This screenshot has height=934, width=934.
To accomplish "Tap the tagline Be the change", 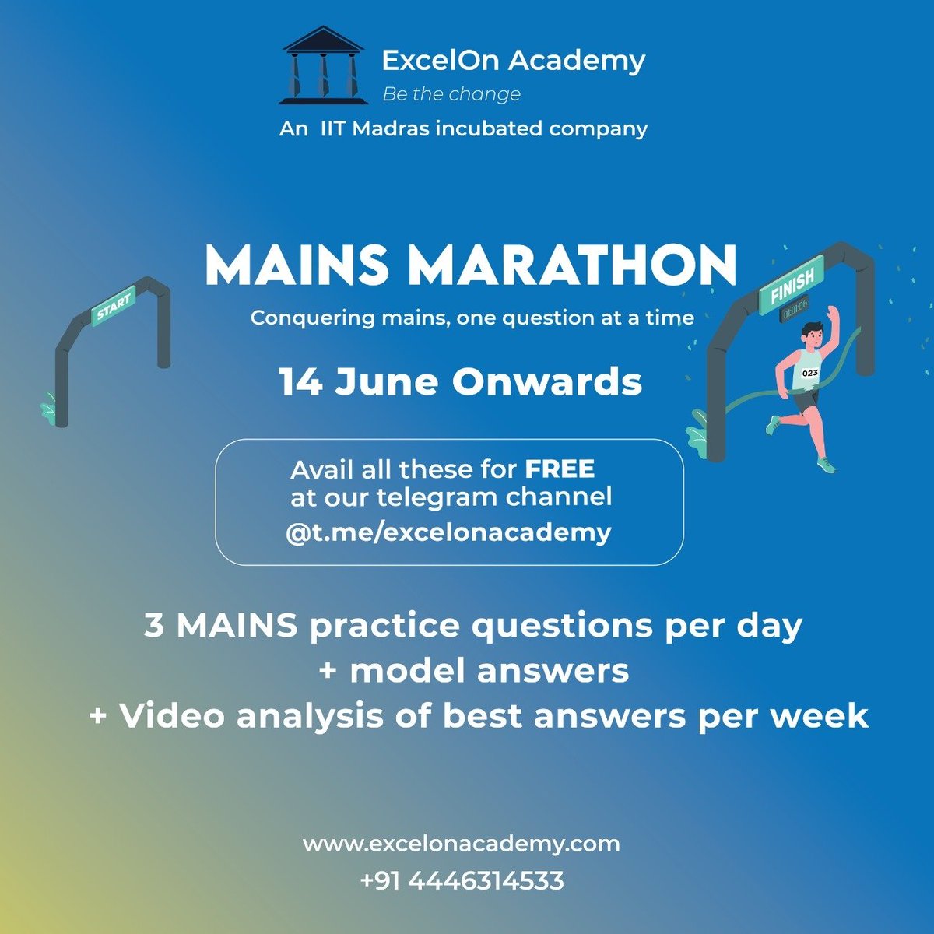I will coord(451,94).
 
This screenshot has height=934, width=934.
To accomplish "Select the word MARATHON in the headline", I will coord(573,266).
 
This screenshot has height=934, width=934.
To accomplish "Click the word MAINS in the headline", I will coord(297,266).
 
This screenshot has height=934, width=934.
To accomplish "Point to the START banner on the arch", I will coord(114,304).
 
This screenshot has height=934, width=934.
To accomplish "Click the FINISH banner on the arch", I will coord(792,286).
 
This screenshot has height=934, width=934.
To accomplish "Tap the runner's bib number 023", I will coord(810,374).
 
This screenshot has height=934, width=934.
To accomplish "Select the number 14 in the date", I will coord(301,382).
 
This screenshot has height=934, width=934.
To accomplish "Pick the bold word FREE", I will coord(560,469).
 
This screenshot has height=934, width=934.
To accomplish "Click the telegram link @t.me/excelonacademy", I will coord(448,532).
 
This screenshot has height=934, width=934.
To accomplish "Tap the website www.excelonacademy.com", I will coord(462,844).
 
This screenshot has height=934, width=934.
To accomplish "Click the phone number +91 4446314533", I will coord(462,880).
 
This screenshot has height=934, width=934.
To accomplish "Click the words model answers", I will coord(490,670).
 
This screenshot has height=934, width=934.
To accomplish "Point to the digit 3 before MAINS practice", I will coord(154,626).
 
